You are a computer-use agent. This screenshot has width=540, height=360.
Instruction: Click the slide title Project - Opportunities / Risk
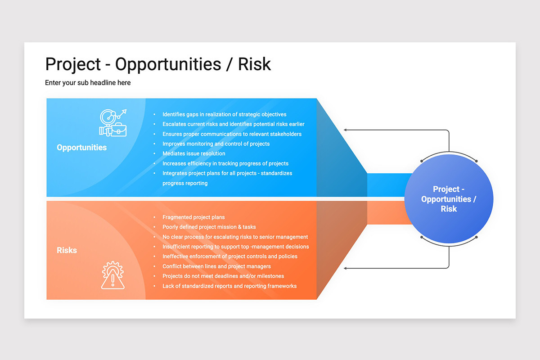(158, 64)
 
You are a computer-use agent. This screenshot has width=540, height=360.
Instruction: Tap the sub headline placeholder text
(88, 83)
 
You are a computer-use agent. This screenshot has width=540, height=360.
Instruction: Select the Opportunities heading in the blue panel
(82, 148)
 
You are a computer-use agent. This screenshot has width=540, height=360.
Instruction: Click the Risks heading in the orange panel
(67, 250)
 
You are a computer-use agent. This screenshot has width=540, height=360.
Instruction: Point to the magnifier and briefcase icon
(113, 122)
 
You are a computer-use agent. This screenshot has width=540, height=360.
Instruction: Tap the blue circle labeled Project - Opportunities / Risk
(449, 199)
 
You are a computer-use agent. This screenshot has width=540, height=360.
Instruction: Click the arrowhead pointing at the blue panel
(346, 130)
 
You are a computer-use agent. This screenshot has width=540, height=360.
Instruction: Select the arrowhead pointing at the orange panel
(346, 268)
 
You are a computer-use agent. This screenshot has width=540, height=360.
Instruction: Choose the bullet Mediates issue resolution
(193, 153)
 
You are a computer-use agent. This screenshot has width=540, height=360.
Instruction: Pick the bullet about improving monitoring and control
(216, 144)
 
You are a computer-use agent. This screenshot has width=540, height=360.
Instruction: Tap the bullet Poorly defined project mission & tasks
(209, 227)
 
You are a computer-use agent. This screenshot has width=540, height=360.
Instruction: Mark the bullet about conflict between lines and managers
(216, 266)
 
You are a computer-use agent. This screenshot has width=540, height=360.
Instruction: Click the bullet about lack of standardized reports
(229, 286)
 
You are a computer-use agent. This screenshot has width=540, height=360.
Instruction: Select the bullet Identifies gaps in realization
(224, 114)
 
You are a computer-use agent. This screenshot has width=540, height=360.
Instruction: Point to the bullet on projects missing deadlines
(223, 276)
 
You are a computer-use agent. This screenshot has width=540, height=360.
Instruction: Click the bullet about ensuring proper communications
(232, 134)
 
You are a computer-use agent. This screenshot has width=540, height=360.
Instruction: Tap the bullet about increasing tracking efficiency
(225, 164)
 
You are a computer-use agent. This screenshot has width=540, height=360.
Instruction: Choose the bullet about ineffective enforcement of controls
(229, 256)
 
